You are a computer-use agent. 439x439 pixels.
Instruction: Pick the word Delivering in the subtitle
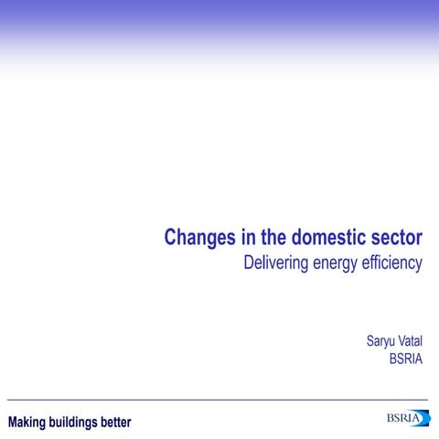pyautogui.click(x=275, y=264)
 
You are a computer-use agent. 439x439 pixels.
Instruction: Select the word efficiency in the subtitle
pyautogui.click(x=394, y=264)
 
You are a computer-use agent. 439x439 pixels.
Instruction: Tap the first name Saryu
pyautogui.click(x=380, y=342)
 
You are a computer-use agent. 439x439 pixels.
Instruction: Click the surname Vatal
pyautogui.click(x=410, y=342)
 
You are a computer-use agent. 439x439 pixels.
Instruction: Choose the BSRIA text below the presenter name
pyautogui.click(x=405, y=359)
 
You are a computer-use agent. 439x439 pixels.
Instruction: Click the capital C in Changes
pyautogui.click(x=171, y=238)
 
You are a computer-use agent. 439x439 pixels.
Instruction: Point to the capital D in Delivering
pyautogui.click(x=248, y=263)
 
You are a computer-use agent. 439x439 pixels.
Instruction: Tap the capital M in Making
pyautogui.click(x=13, y=422)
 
